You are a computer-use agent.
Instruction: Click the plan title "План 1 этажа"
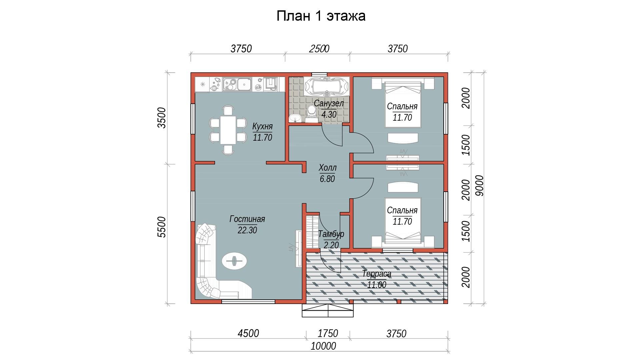pos(321,16)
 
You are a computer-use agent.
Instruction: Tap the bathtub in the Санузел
pos(327,86)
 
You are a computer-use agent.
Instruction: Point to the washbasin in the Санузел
pos(295,118)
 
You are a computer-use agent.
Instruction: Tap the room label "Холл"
pos(327,167)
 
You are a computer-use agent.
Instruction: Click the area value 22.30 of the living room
pos(247,230)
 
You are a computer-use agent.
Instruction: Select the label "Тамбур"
pos(331,234)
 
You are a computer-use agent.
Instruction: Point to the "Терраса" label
pos(377,274)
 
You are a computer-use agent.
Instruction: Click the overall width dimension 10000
pos(323,346)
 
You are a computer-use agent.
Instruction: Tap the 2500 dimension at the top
pos(319,49)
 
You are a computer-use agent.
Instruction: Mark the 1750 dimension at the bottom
pos(328,333)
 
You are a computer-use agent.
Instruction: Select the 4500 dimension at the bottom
pos(249,333)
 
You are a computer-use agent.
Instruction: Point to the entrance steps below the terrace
pos(328,310)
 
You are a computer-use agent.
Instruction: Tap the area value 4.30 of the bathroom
pos(329,115)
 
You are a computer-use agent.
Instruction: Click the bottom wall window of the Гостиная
pos(248,302)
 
